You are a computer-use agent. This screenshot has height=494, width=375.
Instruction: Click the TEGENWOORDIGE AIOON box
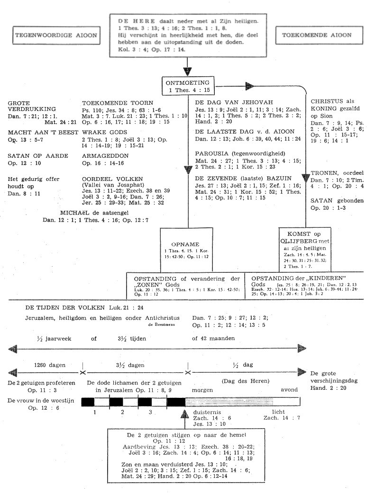point(56,36)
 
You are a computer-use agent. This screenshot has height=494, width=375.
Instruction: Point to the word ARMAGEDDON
point(105,156)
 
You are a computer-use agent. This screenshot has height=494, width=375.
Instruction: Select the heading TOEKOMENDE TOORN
point(110,102)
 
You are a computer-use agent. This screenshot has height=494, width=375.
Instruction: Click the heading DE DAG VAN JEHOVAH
point(228,102)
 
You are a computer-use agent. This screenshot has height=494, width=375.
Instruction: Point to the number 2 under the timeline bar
point(123,412)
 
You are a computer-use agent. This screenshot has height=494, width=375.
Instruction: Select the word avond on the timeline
point(289,390)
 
